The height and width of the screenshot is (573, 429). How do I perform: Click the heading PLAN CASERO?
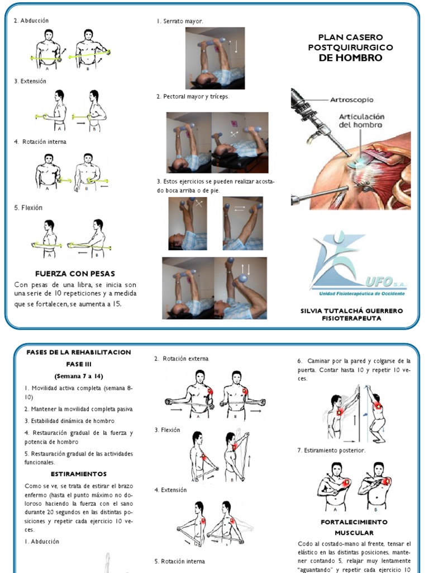pyautogui.click(x=350, y=37)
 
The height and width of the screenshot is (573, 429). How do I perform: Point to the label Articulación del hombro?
pyautogui.click(x=361, y=121)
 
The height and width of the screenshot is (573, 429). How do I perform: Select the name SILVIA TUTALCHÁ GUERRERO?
pyautogui.click(x=351, y=311)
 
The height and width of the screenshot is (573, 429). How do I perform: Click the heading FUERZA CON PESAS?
pyautogui.click(x=75, y=274)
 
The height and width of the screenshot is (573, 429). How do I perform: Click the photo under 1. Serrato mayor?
pyautogui.click(x=214, y=58)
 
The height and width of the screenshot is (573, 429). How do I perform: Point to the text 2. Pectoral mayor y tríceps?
pyautogui.click(x=193, y=96)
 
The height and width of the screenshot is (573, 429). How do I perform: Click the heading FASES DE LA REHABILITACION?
pyautogui.click(x=79, y=352)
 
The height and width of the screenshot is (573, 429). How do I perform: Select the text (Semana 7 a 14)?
pyautogui.click(x=79, y=375)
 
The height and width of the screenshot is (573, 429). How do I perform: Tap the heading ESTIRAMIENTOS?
pyautogui.click(x=79, y=474)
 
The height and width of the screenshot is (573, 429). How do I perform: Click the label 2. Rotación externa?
pyautogui.click(x=181, y=359)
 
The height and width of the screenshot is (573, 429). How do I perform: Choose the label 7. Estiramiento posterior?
pyautogui.click(x=331, y=450)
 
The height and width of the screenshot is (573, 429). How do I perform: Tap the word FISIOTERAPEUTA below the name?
pyautogui.click(x=351, y=318)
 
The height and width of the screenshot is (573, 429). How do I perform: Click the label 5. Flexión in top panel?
pyautogui.click(x=28, y=208)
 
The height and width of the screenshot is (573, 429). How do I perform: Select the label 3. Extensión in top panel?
pyautogui.click(x=30, y=81)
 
